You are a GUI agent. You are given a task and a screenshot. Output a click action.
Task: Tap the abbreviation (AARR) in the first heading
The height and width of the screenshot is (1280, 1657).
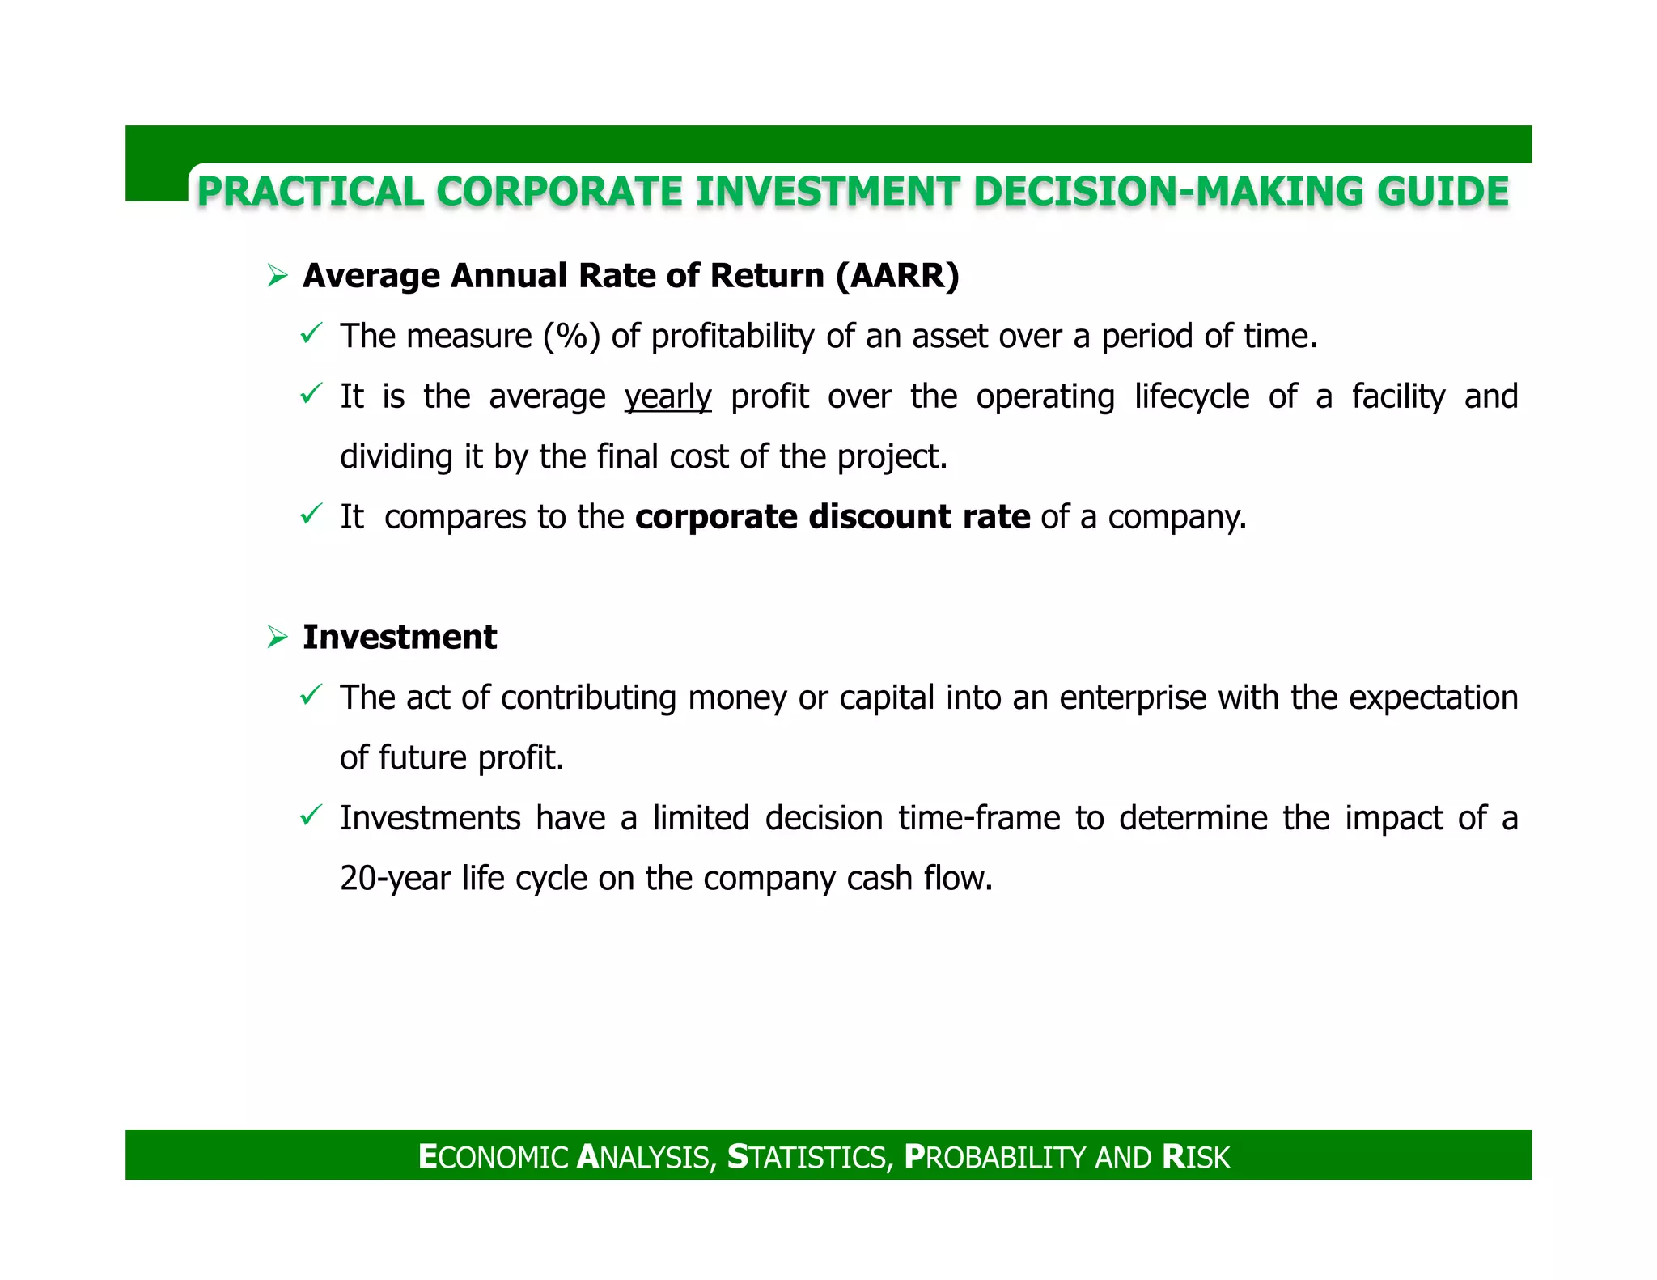point(897,276)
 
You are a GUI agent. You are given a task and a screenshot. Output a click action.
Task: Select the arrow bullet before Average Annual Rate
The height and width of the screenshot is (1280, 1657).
point(278,277)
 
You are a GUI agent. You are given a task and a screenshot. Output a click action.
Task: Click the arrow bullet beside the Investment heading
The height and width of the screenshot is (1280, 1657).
point(278,638)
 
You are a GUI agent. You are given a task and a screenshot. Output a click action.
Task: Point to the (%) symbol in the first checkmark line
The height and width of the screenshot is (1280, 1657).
point(571,337)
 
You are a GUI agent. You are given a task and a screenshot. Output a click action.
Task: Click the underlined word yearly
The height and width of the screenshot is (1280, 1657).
point(667,397)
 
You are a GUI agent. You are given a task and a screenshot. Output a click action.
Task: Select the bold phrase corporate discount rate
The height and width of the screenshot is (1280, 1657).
point(833,517)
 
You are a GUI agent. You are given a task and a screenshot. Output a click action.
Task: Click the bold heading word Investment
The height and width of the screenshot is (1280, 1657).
point(400,638)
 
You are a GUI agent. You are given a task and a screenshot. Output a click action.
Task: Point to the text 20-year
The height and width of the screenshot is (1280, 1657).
point(395,879)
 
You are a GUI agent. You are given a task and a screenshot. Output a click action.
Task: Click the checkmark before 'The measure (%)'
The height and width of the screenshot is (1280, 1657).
point(311,333)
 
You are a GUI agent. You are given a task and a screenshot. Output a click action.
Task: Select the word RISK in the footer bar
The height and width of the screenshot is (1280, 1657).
point(1195,1157)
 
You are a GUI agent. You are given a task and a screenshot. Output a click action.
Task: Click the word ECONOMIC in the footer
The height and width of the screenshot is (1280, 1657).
point(494,1157)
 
